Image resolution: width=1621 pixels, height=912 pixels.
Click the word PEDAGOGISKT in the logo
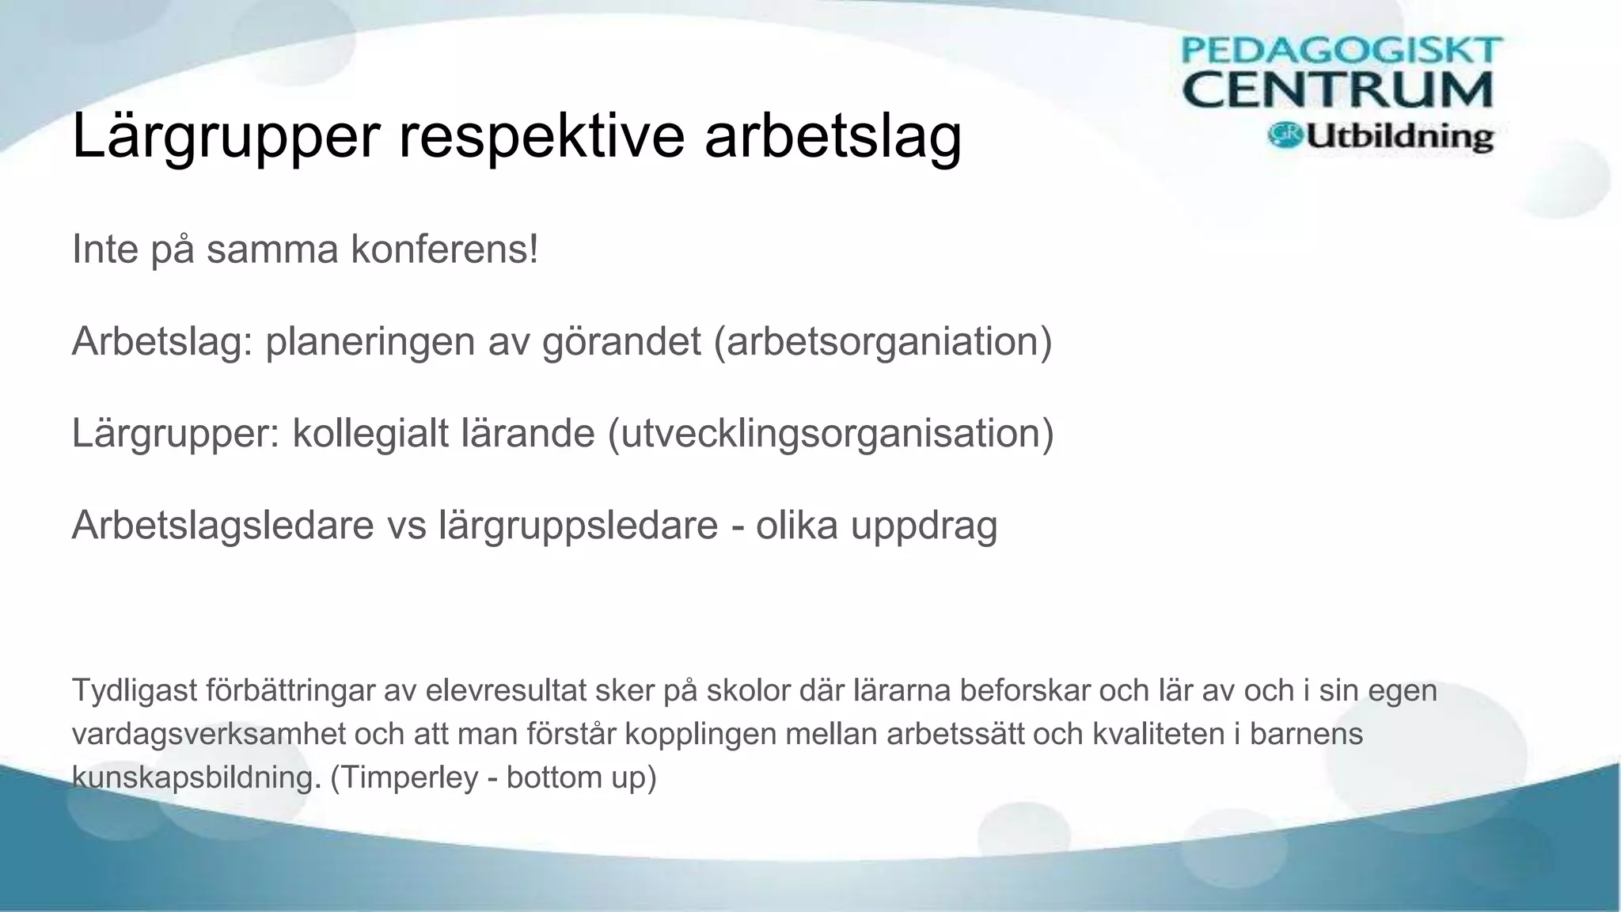pyautogui.click(x=1341, y=51)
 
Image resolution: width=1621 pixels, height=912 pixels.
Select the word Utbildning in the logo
pyautogui.click(x=1399, y=137)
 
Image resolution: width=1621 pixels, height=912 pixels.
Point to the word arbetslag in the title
pyautogui.click(x=833, y=136)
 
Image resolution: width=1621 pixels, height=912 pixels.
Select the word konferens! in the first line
pyautogui.click(x=444, y=250)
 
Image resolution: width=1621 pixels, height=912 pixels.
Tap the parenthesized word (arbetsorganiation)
pyautogui.click(x=883, y=342)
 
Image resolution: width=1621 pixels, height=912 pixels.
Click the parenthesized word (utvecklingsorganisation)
pyautogui.click(x=830, y=434)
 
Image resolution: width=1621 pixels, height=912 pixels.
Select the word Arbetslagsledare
pyautogui.click(x=222, y=526)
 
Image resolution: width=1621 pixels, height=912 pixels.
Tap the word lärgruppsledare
pyautogui.click(x=578, y=526)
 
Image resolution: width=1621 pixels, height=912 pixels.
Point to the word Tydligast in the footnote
pyautogui.click(x=134, y=691)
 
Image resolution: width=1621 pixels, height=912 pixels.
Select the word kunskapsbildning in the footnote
pyautogui.click(x=195, y=778)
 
